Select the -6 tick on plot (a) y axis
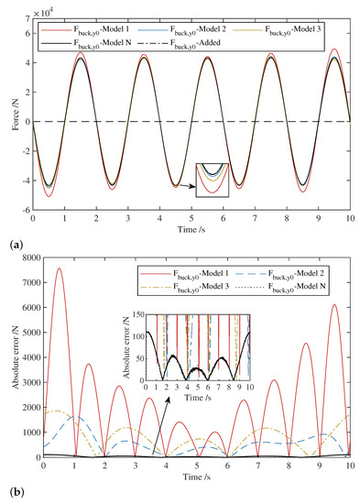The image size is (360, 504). click(x=25, y=211)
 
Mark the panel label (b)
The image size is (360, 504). click(x=9, y=492)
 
